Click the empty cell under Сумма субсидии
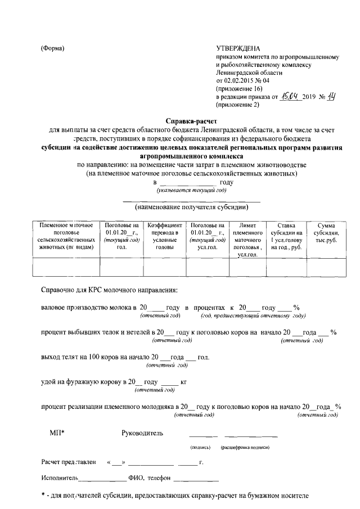[326, 267]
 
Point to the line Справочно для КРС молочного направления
[109, 290]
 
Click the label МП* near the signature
[57, 433]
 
